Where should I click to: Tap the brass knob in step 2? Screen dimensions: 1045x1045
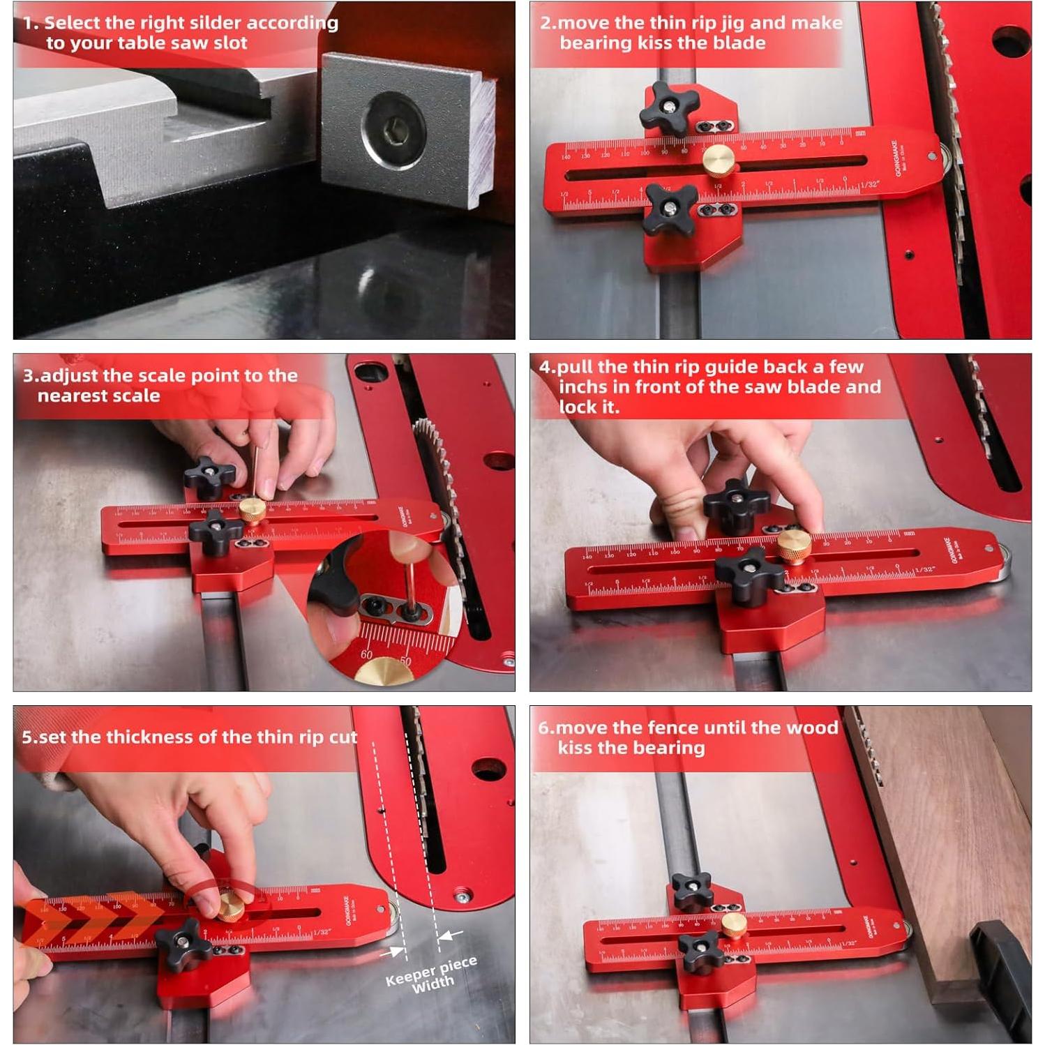pos(718,160)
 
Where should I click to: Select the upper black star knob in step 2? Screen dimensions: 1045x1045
pos(669,108)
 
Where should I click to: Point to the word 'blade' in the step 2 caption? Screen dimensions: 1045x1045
pos(739,43)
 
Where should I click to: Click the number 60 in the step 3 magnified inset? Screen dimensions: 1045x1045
pos(367,654)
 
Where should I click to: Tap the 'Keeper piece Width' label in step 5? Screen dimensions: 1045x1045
pos(431,975)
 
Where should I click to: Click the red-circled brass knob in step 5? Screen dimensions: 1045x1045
pos(228,907)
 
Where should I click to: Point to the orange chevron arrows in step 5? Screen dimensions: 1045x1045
pos(91,919)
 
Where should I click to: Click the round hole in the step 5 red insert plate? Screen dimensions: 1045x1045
pos(488,769)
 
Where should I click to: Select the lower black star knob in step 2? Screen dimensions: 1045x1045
pos(669,209)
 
